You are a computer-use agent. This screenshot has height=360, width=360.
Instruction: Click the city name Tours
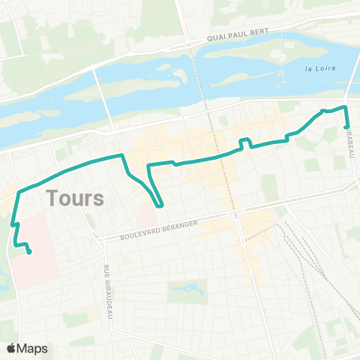click(74, 199)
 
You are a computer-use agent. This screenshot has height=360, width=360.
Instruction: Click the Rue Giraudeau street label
click(108, 293)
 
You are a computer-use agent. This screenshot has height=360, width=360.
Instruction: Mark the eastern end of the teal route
click(345, 127)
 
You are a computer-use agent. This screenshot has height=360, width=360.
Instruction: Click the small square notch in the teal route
click(244, 142)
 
